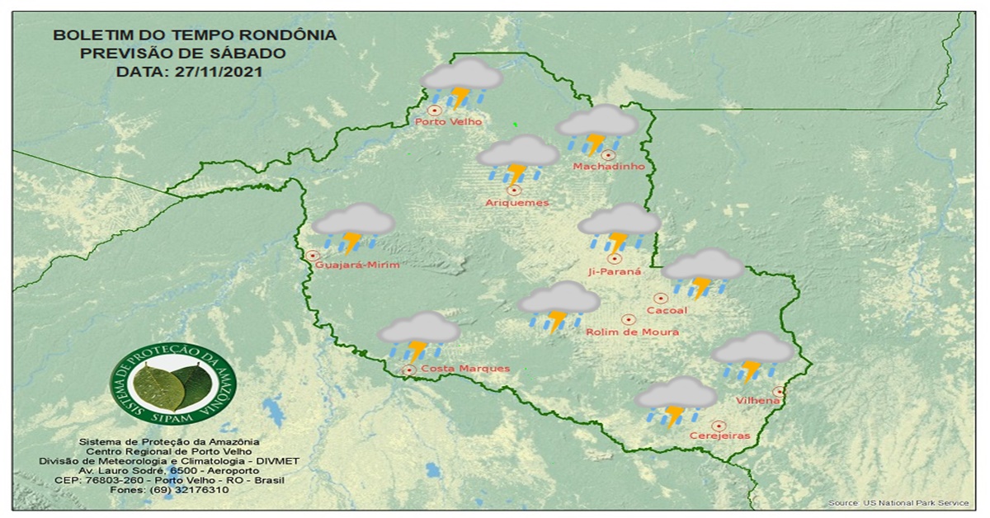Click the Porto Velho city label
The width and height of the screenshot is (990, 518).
point(448,122)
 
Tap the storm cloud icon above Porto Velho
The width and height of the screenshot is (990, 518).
point(461,83)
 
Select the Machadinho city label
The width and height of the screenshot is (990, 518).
point(608,167)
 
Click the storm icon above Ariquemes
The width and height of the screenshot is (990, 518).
point(518,159)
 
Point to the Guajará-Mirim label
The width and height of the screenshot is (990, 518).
point(357,265)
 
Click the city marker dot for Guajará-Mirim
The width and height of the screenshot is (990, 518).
point(313,256)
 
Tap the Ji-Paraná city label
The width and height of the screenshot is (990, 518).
point(615,271)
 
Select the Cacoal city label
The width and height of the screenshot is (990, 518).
point(667,310)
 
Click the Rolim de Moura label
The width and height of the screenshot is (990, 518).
point(632,332)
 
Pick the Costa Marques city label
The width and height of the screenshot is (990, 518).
point(464,368)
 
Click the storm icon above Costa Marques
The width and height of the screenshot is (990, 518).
point(418,336)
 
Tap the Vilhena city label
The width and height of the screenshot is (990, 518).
point(759,401)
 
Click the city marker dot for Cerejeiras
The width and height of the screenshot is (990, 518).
point(719,426)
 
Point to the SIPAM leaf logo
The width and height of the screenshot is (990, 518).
point(173,384)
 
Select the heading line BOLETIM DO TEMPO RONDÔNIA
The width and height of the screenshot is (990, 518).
point(194,35)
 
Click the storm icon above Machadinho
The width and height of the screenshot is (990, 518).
point(596,130)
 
